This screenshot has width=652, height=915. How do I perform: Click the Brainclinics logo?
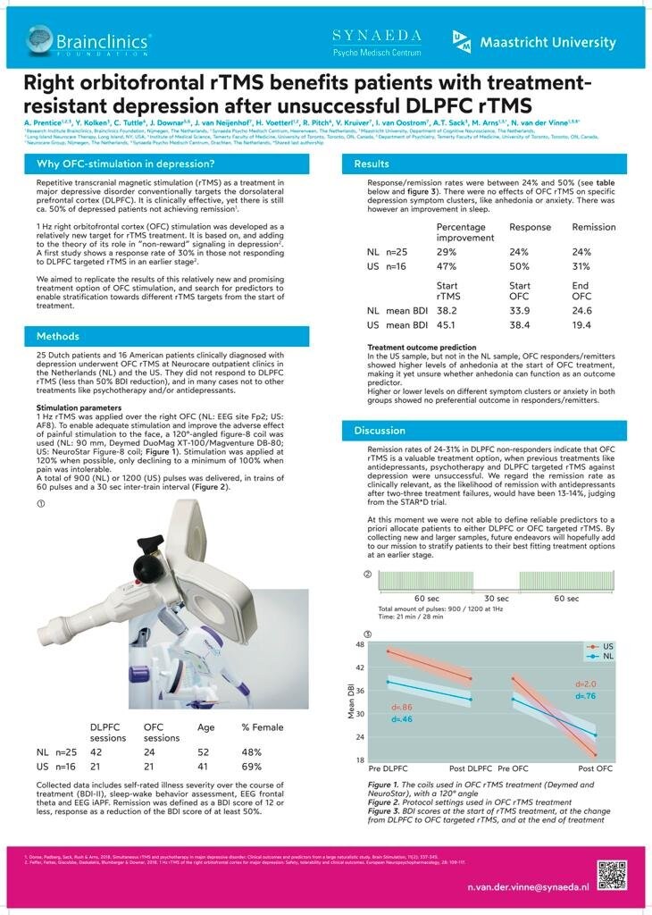88,41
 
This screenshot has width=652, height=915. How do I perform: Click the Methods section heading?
58,336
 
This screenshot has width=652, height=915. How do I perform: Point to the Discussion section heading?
380,431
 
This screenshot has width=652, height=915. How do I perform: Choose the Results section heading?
372,164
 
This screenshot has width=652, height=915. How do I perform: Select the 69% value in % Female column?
252,767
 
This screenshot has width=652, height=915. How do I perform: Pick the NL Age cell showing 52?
204,752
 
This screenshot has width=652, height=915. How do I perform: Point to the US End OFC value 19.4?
581,325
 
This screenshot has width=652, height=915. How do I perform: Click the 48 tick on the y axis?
361,644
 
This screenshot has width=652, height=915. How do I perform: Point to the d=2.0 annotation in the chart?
586,684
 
